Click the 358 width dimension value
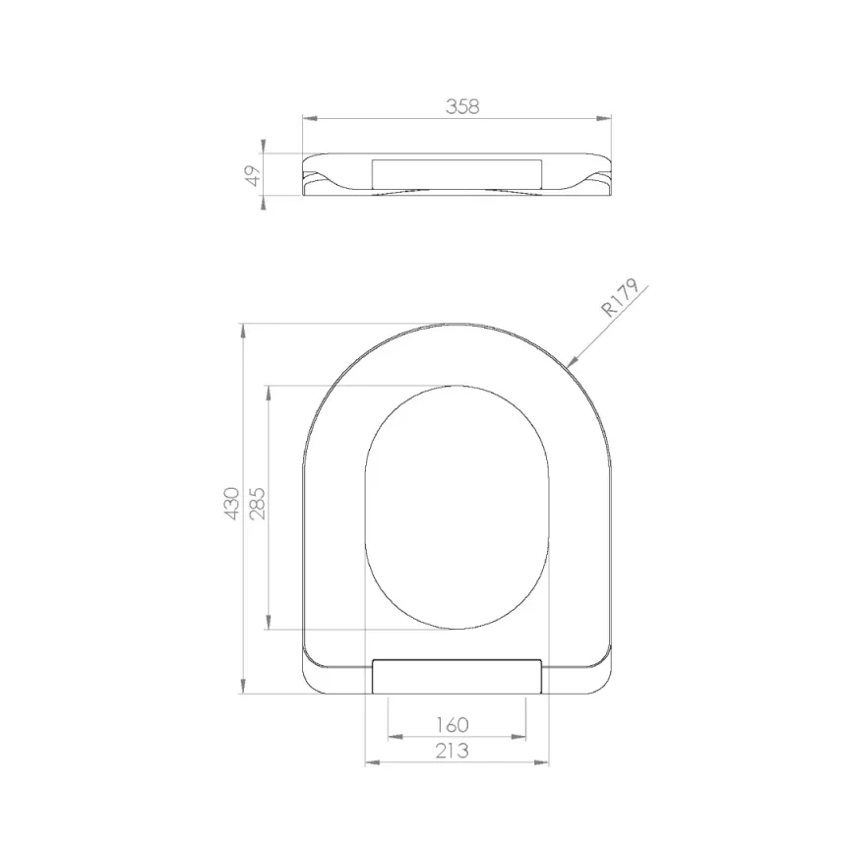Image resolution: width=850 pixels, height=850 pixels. click(x=461, y=107)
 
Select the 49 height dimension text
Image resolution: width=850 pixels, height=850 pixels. click(x=253, y=175)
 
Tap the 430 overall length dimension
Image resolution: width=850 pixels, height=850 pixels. click(x=232, y=503)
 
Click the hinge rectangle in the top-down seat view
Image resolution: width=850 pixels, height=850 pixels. click(x=457, y=677)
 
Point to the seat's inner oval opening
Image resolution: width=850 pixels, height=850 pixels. click(x=455, y=507)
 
